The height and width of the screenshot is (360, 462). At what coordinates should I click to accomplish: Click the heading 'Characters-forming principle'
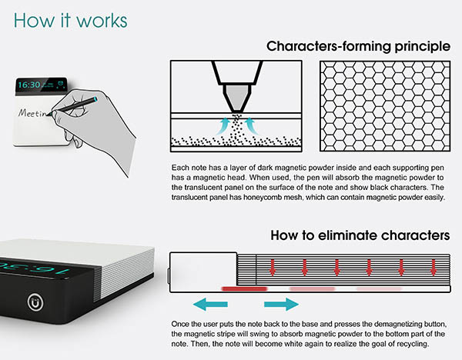pyautogui.click(x=358, y=47)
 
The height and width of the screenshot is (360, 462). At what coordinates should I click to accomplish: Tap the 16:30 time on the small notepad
pyautogui.click(x=32, y=84)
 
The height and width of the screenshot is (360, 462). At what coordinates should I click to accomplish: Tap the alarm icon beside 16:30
pyautogui.click(x=59, y=85)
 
